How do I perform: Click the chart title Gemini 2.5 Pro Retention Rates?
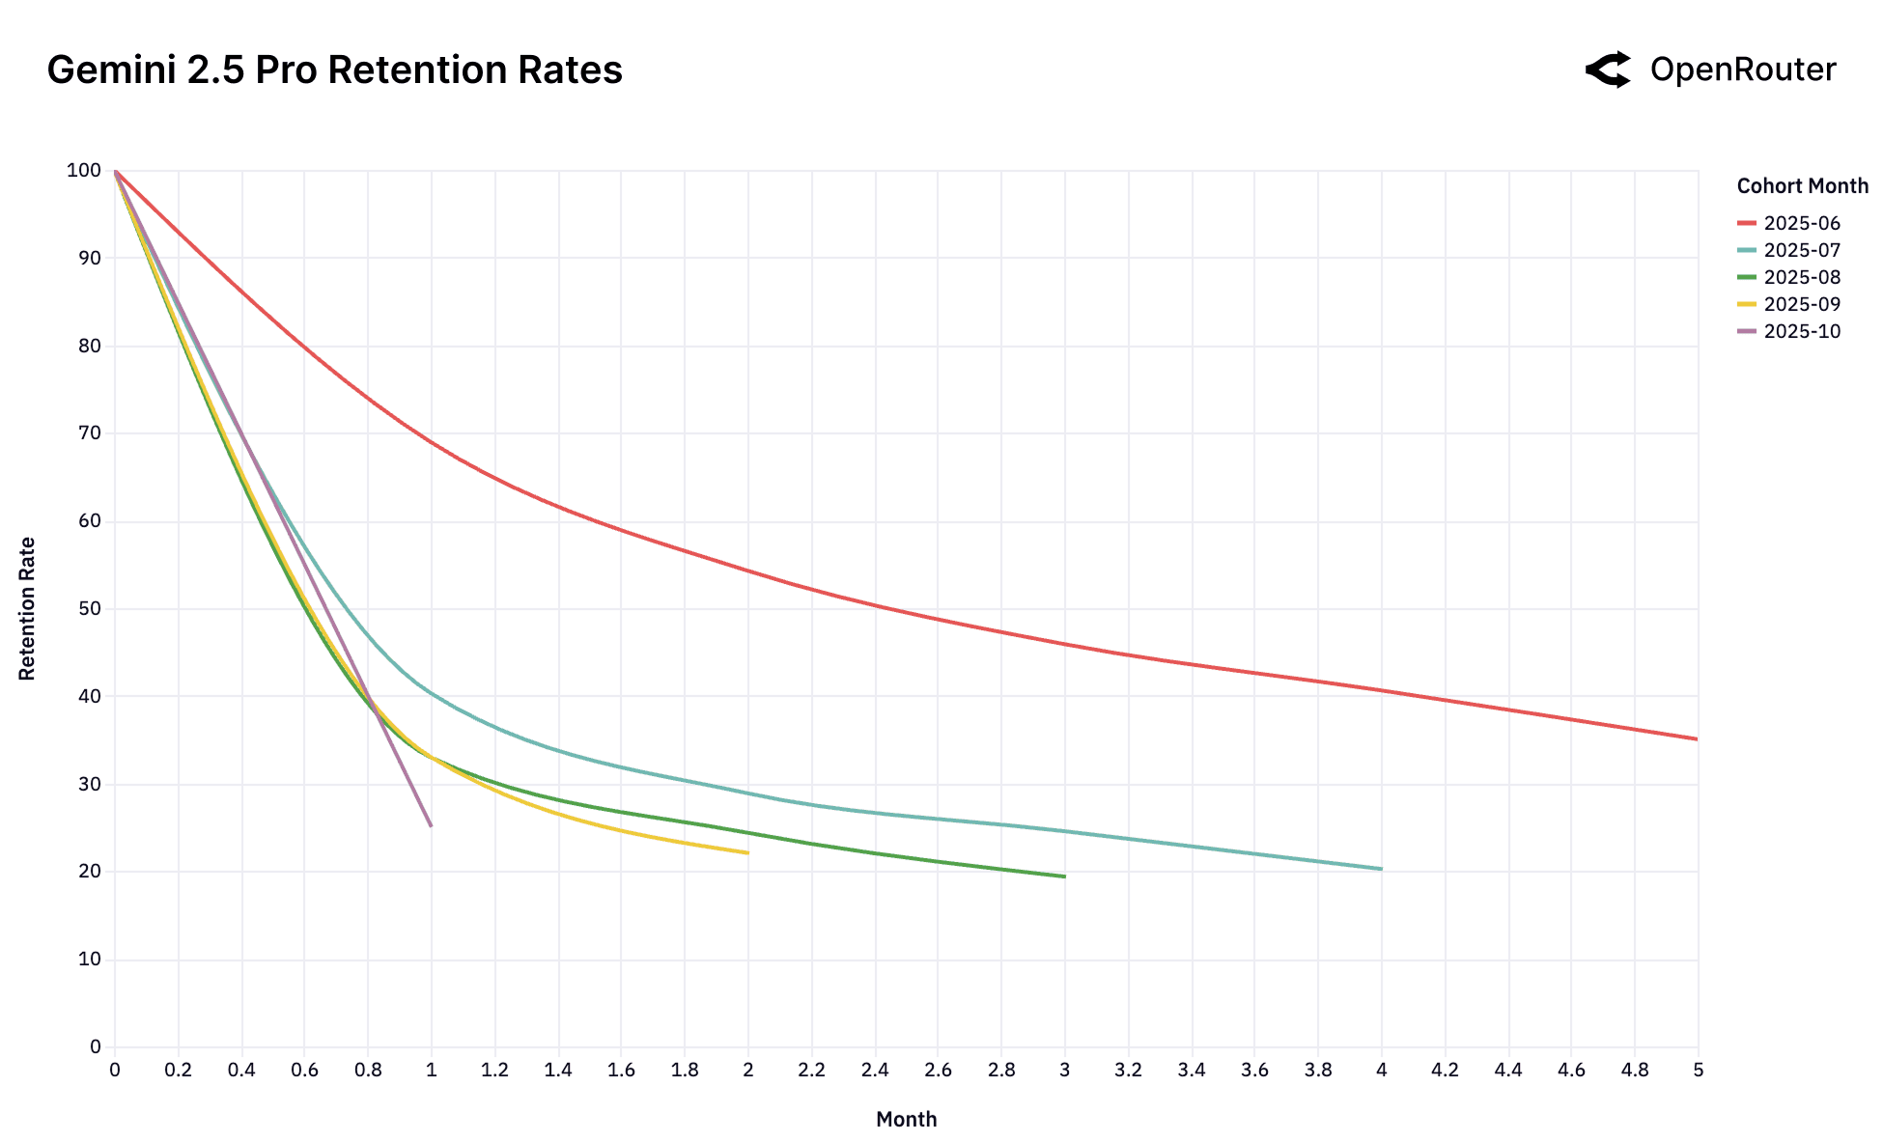pos(334,70)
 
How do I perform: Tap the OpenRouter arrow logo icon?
pos(1608,70)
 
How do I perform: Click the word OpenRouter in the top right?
pos(1742,70)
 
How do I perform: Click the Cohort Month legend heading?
pos(1802,185)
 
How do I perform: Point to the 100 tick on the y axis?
pos(83,171)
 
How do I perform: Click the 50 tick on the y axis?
pos(89,609)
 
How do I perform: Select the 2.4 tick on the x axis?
pos(874,1070)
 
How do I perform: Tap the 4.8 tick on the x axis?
pos(1634,1070)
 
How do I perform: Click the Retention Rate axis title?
pos(27,608)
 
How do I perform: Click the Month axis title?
pos(906,1119)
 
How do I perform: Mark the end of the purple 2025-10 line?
pos(431,825)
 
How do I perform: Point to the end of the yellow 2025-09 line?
pos(747,852)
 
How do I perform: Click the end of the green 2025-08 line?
pos(1064,877)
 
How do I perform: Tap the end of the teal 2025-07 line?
pos(1381,869)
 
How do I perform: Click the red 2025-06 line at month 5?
pos(1696,738)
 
